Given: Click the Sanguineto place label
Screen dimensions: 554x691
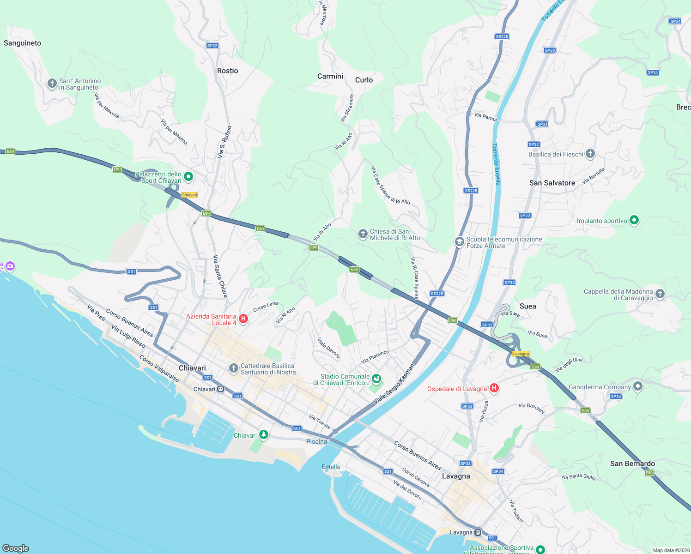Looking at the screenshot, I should tap(22, 43).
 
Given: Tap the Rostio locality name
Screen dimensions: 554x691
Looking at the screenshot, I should tap(227, 71).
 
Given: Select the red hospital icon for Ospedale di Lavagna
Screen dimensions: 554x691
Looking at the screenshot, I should tap(494, 388).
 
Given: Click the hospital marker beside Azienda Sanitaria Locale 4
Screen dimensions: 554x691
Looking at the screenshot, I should tap(243, 319).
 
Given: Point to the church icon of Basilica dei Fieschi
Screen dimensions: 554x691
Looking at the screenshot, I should tap(590, 154).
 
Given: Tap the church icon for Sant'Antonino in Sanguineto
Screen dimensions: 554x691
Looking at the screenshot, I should tap(52, 84).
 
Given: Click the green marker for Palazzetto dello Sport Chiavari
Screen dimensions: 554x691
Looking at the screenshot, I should tap(188, 176).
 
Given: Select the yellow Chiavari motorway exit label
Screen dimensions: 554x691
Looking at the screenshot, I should tap(189, 195).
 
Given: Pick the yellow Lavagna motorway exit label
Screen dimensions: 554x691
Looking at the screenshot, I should tap(521, 354).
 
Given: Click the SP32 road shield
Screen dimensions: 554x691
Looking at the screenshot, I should tap(212, 46).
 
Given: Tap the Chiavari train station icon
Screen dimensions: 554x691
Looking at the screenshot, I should tap(221, 389).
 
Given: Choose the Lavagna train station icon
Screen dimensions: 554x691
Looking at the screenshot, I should tap(478, 532).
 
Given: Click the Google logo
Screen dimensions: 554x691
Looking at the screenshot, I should tap(16, 548).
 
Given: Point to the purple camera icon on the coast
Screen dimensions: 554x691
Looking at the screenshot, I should tap(10, 266).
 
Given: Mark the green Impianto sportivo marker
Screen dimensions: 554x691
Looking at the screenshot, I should tap(634, 220).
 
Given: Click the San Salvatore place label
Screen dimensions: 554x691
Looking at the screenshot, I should tap(552, 183).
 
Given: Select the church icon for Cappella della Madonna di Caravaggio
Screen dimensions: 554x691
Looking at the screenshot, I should tap(660, 294).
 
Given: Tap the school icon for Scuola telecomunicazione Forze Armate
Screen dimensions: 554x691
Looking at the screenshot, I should tap(459, 242).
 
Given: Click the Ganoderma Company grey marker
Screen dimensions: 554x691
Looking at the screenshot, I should tap(638, 386).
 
